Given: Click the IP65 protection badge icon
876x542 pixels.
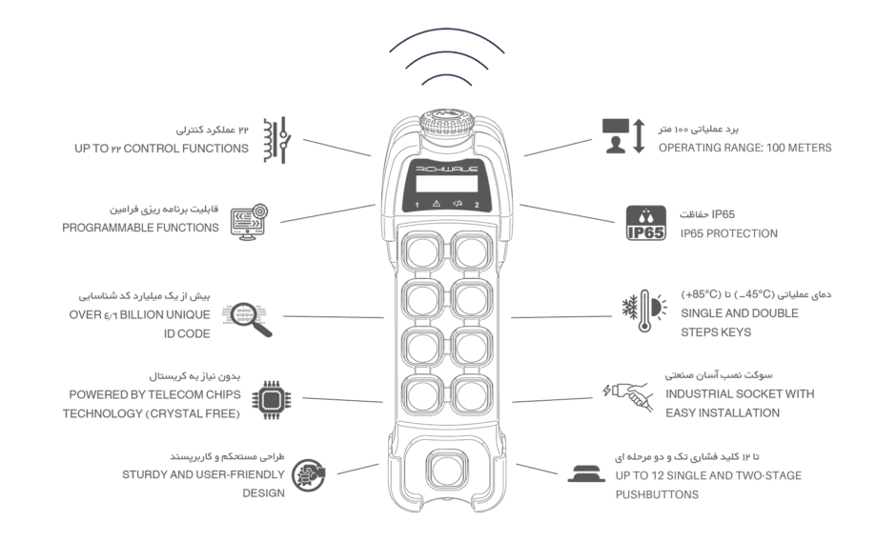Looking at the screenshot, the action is click(646, 223).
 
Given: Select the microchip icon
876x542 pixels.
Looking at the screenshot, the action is click(272, 400).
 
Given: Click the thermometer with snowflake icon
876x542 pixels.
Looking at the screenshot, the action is click(644, 311).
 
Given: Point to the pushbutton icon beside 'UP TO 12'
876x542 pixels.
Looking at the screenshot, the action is click(586, 473).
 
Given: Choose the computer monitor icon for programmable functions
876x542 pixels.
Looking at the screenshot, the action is click(250, 222).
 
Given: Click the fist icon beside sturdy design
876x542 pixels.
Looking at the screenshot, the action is click(309, 475).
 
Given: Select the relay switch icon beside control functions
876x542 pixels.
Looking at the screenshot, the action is click(277, 140).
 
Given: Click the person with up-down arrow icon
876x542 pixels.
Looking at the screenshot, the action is click(623, 135).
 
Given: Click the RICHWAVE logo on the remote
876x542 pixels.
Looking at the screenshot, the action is click(447, 169).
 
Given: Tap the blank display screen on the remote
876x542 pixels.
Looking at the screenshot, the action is click(447, 184).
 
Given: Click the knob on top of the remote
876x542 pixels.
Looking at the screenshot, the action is click(446, 121).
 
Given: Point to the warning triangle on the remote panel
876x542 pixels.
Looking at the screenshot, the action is click(437, 204).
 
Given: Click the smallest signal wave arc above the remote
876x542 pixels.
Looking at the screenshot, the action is click(446, 78).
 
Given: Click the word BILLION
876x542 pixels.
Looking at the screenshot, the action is click(140, 315).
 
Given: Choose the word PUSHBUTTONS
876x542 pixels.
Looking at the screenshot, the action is click(657, 494).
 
